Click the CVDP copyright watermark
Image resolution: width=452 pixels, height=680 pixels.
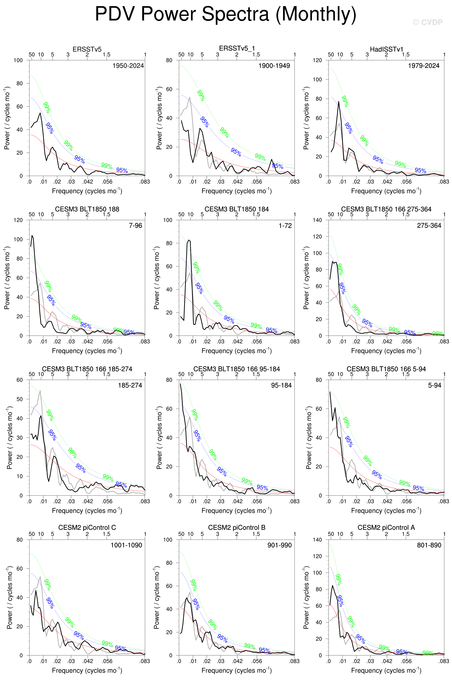pyautogui.click(x=428, y=22)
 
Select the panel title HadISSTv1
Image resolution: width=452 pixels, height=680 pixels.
pyautogui.click(x=386, y=49)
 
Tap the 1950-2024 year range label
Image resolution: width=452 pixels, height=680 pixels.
pyautogui.click(x=128, y=66)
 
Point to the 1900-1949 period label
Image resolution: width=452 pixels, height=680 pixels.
pyautogui.click(x=274, y=66)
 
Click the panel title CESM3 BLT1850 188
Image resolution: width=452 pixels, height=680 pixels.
pyautogui.click(x=87, y=209)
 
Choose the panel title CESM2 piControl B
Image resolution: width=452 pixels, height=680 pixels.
pyautogui.click(x=237, y=528)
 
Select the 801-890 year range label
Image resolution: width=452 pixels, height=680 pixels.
pyautogui.click(x=429, y=545)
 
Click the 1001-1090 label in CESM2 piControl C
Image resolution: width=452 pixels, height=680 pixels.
pyautogui.click(x=126, y=545)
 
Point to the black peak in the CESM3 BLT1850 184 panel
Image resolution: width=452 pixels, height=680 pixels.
pyautogui.click(x=189, y=240)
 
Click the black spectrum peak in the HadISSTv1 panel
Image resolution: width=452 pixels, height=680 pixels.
pyautogui.click(x=339, y=102)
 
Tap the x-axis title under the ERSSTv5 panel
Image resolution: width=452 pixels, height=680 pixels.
pyautogui.click(x=87, y=191)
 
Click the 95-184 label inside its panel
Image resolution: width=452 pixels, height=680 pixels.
pyautogui.click(x=281, y=385)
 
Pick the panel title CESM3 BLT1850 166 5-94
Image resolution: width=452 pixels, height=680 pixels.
pyautogui.click(x=386, y=369)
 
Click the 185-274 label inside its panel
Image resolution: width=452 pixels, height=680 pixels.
pyautogui.click(x=130, y=385)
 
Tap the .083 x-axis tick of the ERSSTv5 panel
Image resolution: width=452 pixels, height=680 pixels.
pyautogui.click(x=145, y=182)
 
